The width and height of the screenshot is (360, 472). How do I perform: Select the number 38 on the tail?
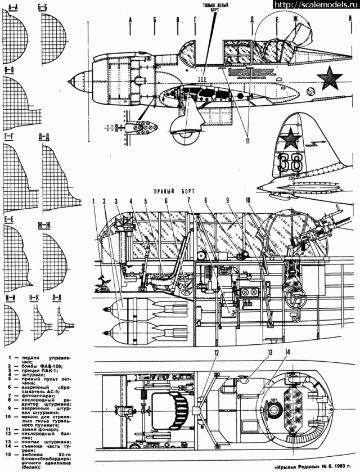(291, 162)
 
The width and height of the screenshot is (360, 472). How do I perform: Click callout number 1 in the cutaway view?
(95, 200)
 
